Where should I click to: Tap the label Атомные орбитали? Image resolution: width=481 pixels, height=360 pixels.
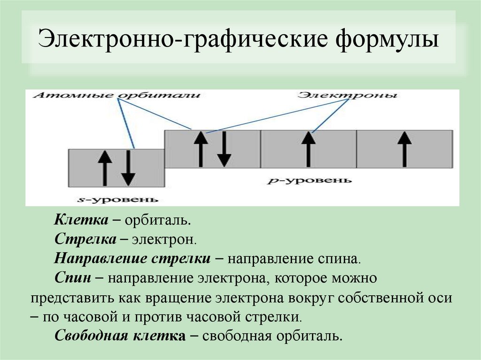[x=117, y=96]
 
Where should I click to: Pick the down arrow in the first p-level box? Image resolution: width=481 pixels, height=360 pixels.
[x=224, y=149]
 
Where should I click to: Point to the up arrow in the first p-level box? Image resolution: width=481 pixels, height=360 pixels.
[x=201, y=149]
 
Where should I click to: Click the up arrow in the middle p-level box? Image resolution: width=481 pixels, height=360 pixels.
[x=308, y=149]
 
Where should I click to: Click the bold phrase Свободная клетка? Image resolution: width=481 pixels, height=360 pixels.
[x=120, y=336]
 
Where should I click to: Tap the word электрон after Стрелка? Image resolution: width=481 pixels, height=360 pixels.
[x=164, y=239]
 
